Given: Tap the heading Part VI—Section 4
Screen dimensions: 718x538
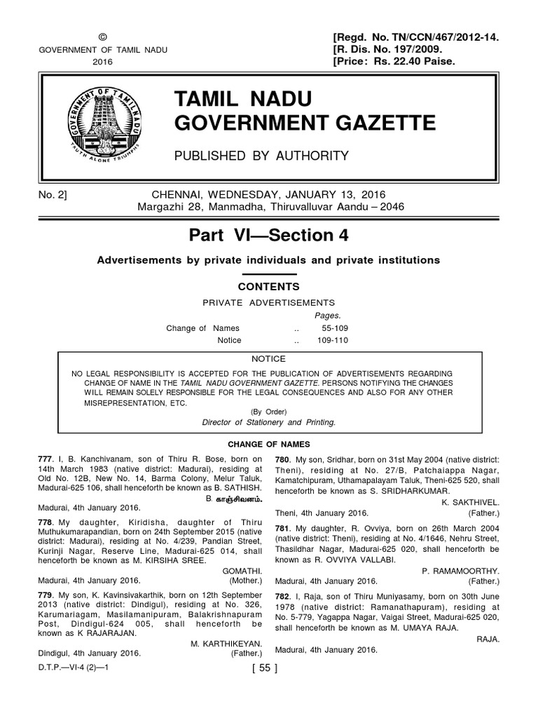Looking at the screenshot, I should tap(269, 236).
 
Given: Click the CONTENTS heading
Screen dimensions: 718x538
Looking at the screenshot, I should tap(269, 287).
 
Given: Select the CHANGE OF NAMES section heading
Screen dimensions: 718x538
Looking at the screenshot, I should tap(269, 445).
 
